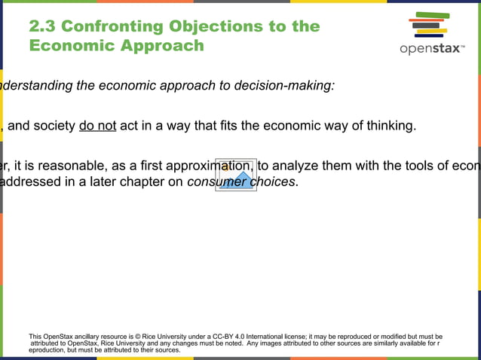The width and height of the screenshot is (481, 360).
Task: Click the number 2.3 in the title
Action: point(41,27)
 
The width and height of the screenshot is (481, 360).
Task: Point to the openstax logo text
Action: point(432,50)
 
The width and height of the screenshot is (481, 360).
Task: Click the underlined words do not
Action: point(97,126)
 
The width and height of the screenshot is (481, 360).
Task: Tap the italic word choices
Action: point(272,182)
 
